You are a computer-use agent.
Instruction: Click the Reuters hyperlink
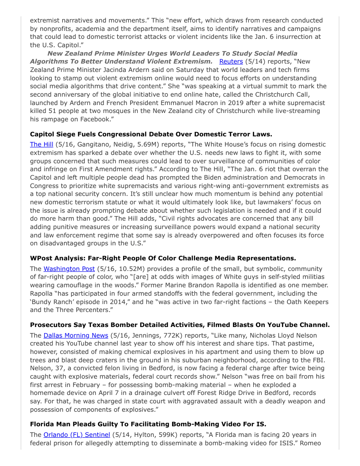click(x=231, y=61)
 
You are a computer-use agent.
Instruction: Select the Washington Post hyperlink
click(x=69, y=269)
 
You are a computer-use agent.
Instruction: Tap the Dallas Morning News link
click(x=76, y=335)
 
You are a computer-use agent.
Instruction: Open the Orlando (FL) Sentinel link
click(x=77, y=435)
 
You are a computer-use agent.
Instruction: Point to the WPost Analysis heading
click(x=163, y=258)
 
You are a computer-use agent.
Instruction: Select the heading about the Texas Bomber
click(x=180, y=325)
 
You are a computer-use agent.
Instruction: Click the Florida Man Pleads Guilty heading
click(x=148, y=424)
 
